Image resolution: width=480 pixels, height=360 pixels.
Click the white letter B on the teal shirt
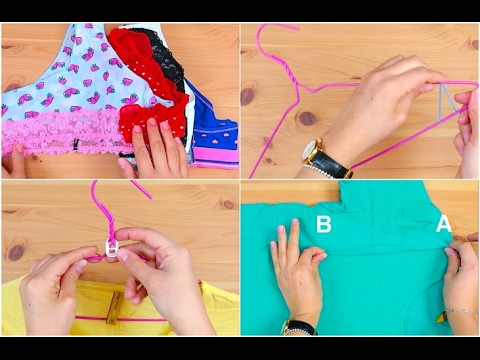(324, 224)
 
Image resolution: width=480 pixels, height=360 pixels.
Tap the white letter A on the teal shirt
(444, 224)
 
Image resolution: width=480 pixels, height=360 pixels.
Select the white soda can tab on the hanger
(111, 248)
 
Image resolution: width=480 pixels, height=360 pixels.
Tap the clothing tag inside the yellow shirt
(113, 307)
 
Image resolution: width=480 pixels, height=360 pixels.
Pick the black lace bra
(167, 60)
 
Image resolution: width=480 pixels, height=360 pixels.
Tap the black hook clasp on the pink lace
(76, 144)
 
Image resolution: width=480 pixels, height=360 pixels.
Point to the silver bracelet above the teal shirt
(462, 311)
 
